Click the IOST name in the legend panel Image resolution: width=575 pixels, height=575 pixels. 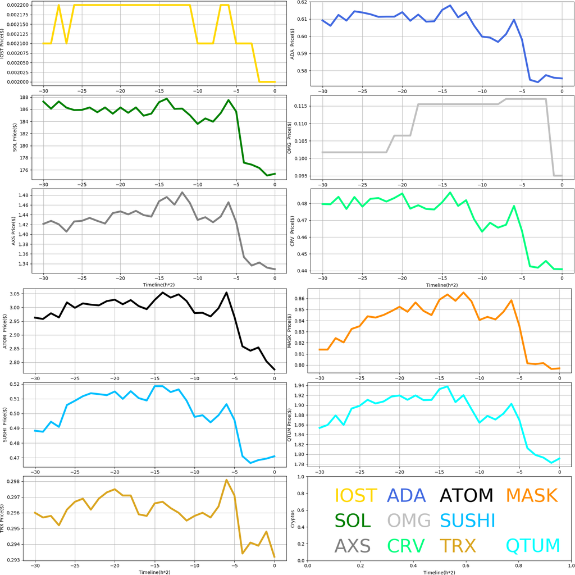[356, 495]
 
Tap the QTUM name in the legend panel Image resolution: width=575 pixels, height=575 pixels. [533, 545]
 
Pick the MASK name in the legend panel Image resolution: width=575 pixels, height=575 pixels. [531, 495]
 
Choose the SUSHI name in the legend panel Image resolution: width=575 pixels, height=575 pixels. [467, 521]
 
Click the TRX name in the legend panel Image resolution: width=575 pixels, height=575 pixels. [458, 545]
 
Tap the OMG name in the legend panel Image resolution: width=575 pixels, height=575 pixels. [409, 521]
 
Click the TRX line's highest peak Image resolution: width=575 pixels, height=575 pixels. [226, 480]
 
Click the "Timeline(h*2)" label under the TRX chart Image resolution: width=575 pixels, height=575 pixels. [154, 572]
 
